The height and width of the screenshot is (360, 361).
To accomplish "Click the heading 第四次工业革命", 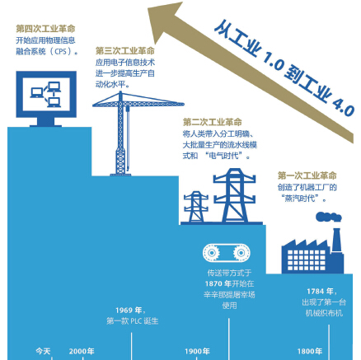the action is [x=45, y=29].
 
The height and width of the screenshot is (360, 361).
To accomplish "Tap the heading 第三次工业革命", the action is [x=125, y=50].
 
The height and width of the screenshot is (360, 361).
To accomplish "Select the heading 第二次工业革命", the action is [x=213, y=122].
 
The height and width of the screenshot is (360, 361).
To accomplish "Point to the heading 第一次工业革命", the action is [x=307, y=175].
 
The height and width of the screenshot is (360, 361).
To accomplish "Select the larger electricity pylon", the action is [x=234, y=195].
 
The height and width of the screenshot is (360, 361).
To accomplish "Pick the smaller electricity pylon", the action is [x=196, y=207].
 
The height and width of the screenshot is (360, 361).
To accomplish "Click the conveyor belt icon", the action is [x=227, y=253].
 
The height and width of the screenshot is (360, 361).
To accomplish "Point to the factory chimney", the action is [x=336, y=240].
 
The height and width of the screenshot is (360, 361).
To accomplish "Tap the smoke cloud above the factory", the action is [x=329, y=217].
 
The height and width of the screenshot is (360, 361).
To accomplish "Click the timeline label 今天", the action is [x=43, y=351].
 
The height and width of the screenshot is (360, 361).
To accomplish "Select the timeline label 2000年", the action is [x=82, y=351].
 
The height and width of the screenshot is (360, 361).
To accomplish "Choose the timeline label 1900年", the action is [x=197, y=351].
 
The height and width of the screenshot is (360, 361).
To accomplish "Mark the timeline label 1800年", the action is [x=310, y=351].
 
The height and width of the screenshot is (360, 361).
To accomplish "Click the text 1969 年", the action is [x=129, y=311].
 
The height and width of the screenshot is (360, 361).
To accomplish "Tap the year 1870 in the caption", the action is [x=214, y=283].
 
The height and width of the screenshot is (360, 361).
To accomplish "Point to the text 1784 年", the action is [x=320, y=292].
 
